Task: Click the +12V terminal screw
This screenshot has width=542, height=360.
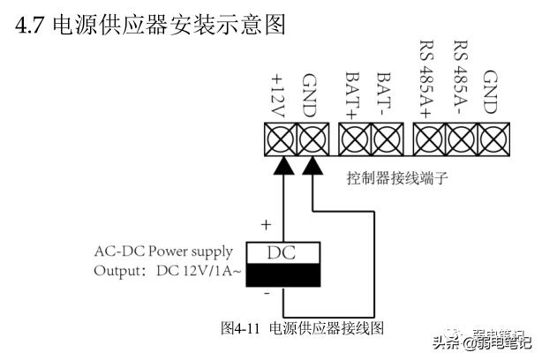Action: click(x=282, y=139)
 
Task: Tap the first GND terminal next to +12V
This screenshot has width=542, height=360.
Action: click(x=312, y=139)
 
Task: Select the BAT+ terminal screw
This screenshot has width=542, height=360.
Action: click(x=355, y=139)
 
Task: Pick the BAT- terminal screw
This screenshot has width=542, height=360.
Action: click(x=386, y=139)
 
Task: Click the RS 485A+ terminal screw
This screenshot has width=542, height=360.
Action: click(x=429, y=139)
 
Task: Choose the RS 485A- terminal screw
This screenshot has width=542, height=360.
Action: click(x=460, y=139)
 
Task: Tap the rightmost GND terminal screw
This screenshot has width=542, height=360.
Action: click(x=491, y=139)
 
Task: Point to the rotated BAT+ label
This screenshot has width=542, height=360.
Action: click(x=353, y=92)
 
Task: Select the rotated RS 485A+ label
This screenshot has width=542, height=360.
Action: click(x=429, y=79)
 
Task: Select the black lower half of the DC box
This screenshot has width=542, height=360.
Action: click(x=282, y=278)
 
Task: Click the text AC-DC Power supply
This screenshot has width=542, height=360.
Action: click(x=163, y=251)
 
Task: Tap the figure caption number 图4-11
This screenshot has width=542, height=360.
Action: click(x=240, y=327)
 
